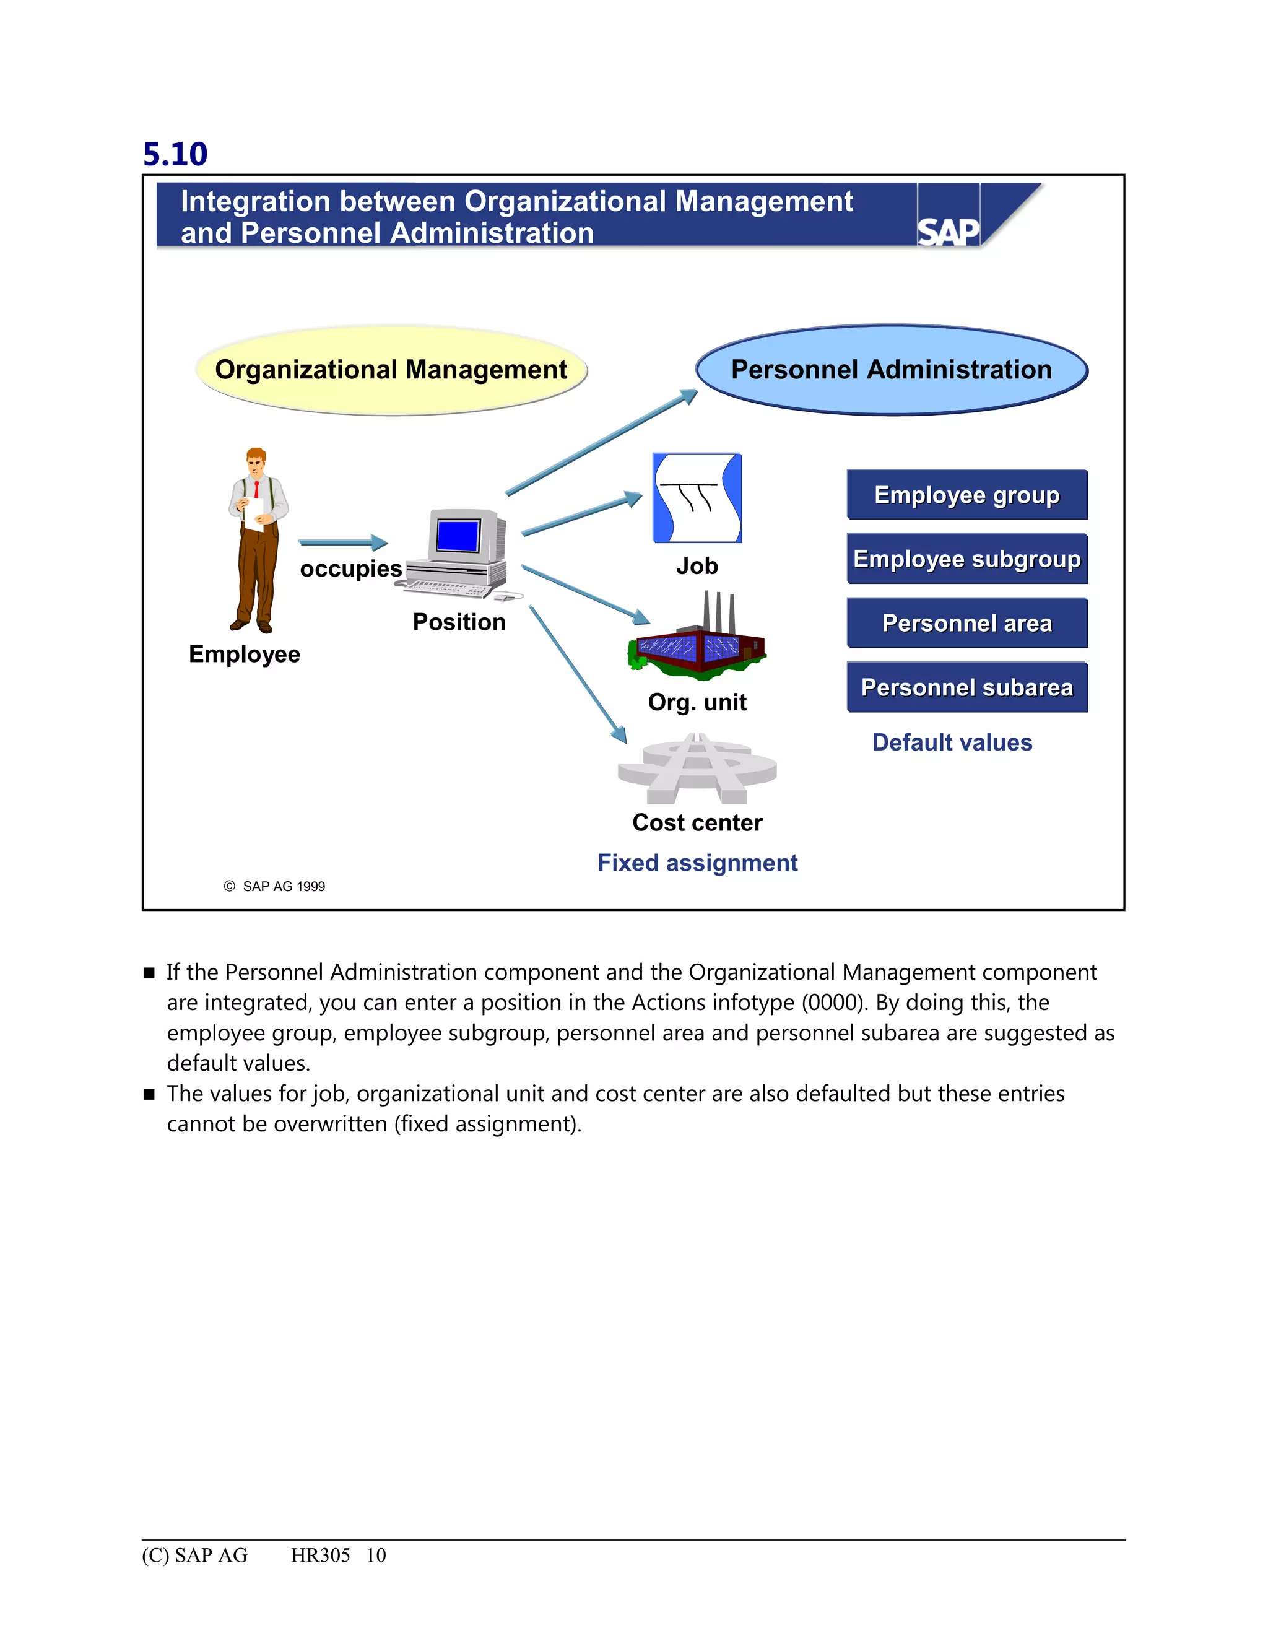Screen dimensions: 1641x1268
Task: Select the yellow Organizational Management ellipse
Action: click(x=391, y=370)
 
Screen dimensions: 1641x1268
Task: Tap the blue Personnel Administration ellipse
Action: click(x=891, y=370)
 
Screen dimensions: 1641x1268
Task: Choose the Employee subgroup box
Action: click(x=966, y=559)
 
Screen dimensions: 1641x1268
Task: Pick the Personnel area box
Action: click(x=966, y=623)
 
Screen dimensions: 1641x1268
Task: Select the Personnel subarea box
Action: click(x=966, y=687)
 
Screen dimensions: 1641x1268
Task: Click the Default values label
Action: click(x=952, y=742)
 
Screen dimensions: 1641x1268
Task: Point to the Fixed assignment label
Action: click(x=697, y=863)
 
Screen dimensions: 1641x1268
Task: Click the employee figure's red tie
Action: click(x=256, y=490)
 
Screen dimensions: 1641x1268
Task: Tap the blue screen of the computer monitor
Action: click(x=458, y=536)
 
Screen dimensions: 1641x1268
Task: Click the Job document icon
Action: click(x=697, y=497)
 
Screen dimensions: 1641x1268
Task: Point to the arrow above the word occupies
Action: click(x=343, y=542)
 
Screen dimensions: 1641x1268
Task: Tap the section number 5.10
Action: click(x=175, y=154)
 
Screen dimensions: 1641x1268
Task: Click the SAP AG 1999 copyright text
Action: click(x=283, y=887)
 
